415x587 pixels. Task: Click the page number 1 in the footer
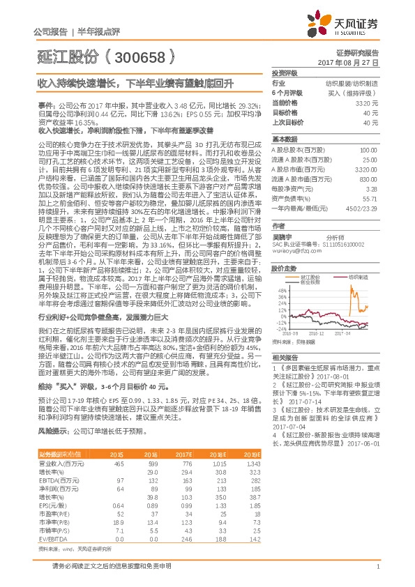(x=377, y=566)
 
